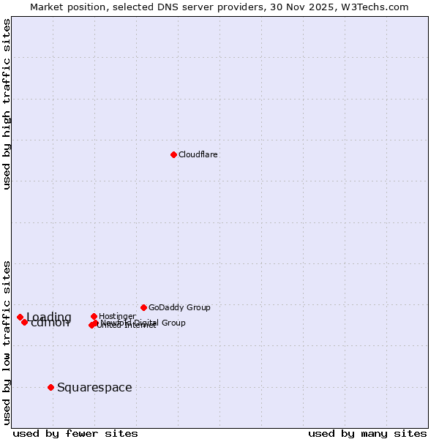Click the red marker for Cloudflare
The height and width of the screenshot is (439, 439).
173,154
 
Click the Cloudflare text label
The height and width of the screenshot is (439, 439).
198,154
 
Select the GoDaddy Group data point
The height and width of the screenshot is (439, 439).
143,307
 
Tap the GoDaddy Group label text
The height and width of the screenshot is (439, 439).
179,307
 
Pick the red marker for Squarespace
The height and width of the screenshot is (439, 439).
50,387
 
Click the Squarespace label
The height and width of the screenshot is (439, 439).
94,387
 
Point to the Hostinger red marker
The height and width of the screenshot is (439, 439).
94,316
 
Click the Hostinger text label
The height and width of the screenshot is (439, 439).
117,316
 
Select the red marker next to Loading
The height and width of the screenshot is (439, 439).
20,317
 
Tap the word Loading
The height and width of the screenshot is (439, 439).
49,317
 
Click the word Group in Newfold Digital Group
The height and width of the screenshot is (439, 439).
173,323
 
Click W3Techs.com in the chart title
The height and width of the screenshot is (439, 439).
379,7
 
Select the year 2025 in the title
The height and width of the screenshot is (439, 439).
332,7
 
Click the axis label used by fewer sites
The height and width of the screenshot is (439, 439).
75,433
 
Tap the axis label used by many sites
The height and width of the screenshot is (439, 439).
367,433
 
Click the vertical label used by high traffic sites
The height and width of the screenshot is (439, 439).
7,104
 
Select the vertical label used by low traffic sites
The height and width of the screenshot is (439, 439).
7,342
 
